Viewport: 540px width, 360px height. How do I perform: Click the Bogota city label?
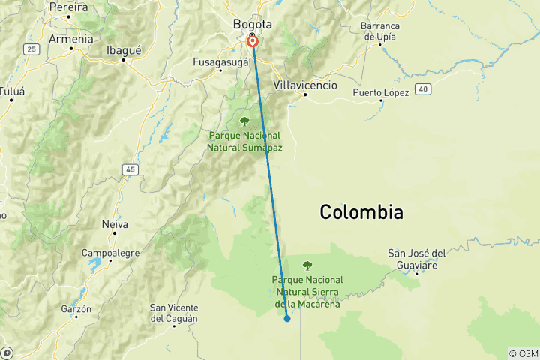tap(253, 24)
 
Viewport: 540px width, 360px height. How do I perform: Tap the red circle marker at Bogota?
tap(253, 41)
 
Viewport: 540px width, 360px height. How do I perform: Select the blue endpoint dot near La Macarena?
tap(287, 319)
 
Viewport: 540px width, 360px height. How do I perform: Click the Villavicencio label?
tap(305, 85)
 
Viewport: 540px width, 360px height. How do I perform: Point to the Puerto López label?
tap(381, 92)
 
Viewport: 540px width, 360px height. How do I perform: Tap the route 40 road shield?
tap(424, 88)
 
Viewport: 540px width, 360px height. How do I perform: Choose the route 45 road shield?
tap(131, 170)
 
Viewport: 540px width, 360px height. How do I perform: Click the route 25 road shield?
tap(31, 49)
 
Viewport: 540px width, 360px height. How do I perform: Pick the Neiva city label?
tap(115, 223)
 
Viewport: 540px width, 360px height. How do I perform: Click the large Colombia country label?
tap(361, 212)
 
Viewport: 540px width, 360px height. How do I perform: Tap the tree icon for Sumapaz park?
tap(244, 121)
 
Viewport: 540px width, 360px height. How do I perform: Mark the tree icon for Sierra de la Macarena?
tap(307, 265)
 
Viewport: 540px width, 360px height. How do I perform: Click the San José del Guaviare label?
tap(418, 258)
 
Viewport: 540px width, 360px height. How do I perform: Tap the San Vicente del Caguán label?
tap(174, 313)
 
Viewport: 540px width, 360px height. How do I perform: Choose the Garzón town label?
tap(76, 308)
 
